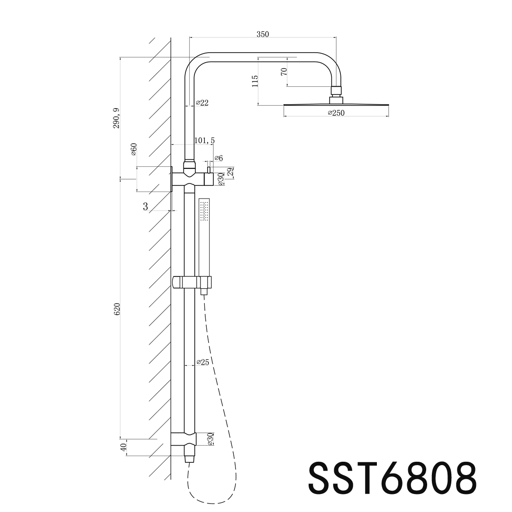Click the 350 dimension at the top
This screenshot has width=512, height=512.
[262, 34]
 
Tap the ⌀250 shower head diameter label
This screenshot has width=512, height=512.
[336, 113]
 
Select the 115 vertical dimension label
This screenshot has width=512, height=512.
[255, 81]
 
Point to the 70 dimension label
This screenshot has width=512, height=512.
[283, 72]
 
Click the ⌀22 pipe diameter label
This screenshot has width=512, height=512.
[202, 102]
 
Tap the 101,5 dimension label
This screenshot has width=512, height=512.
[205, 140]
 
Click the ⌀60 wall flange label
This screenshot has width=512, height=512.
[134, 149]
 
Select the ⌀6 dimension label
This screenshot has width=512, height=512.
[219, 158]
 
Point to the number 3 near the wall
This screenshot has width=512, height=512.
[145, 206]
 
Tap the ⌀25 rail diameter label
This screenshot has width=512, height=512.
[203, 362]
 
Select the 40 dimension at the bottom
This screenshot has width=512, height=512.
[123, 447]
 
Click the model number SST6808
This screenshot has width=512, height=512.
[392, 477]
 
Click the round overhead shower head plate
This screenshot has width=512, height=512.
[336, 104]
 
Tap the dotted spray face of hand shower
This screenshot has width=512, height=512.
[204, 210]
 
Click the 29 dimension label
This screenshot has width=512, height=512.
[231, 172]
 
